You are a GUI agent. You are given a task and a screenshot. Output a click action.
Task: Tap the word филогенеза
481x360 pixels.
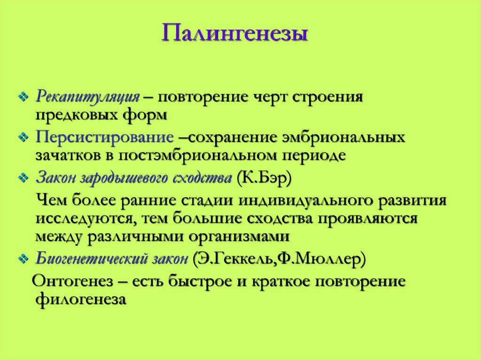81,299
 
